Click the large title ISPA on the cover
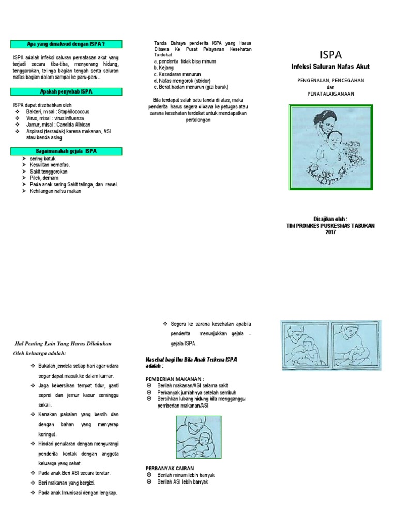[331, 54]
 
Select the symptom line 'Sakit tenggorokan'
[49, 171]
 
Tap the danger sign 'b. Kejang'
[164, 68]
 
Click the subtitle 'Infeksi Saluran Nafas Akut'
[331, 66]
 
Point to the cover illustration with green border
[330, 146]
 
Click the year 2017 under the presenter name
[331, 232]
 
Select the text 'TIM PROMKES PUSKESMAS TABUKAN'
[331, 225]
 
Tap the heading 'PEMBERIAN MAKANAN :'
[171, 378]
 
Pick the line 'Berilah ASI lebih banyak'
[182, 481]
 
